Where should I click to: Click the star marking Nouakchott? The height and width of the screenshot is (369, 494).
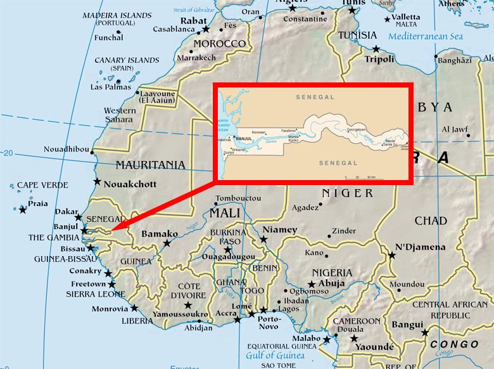(x=97, y=181)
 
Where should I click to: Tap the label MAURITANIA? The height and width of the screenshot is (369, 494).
(x=150, y=165)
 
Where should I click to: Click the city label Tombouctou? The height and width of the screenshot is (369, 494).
(x=237, y=197)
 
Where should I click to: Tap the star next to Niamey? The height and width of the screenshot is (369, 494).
(x=263, y=239)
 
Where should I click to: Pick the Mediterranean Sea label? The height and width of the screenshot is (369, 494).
(x=426, y=36)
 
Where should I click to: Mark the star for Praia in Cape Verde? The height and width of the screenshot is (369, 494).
(x=23, y=210)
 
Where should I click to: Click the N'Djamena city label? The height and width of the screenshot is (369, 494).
(x=420, y=247)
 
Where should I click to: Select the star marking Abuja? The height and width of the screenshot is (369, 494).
(x=312, y=285)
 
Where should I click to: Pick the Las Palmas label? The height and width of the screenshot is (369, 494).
(x=110, y=87)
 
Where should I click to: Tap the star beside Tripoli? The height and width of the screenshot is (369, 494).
(x=376, y=49)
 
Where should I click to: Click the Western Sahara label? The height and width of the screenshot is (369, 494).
(x=120, y=115)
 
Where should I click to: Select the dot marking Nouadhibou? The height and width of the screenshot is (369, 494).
(x=92, y=152)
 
